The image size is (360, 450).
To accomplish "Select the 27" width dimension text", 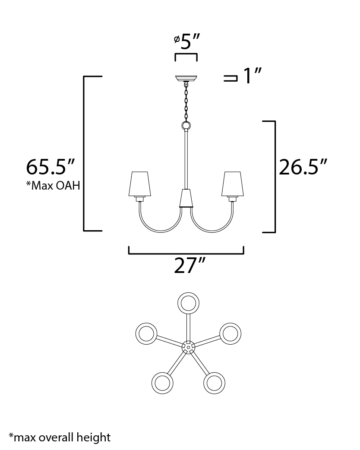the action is tap(190, 265).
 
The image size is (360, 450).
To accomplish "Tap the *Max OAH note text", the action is tap(54, 186).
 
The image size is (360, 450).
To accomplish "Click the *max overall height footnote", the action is tap(60, 437).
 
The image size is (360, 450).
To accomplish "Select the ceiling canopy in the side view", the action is tap(186, 78).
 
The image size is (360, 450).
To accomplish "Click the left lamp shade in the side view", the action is tap(140, 184).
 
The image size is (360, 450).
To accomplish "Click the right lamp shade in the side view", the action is tap(233, 184).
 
